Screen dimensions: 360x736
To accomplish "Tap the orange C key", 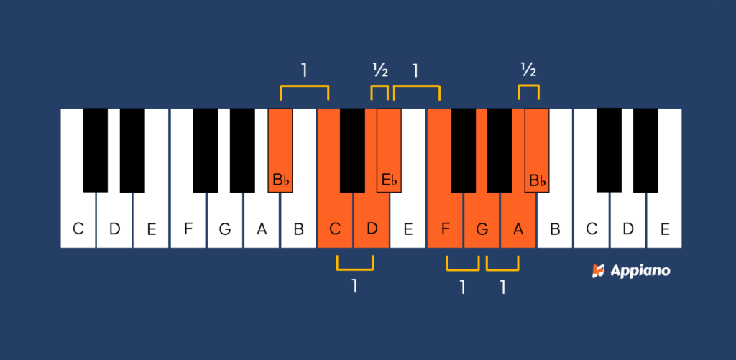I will click(334, 223).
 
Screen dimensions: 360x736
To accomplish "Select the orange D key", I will click(371, 223).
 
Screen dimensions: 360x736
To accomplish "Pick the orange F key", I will click(445, 223).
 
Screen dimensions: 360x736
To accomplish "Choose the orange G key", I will click(482, 223).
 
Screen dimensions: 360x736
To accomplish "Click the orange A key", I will click(518, 223).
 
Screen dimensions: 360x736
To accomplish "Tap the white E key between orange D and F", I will click(408, 223).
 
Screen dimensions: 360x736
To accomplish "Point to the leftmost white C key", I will click(78, 223).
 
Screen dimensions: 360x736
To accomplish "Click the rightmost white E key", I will click(665, 223).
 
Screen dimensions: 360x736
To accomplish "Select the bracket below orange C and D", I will click(354, 264).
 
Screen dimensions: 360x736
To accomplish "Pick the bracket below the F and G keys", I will click(462, 264).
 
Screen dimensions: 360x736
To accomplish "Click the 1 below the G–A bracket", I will click(502, 287).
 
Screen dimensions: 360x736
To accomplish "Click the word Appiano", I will click(640, 271).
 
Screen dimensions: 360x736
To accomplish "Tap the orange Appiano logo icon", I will click(598, 271).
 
